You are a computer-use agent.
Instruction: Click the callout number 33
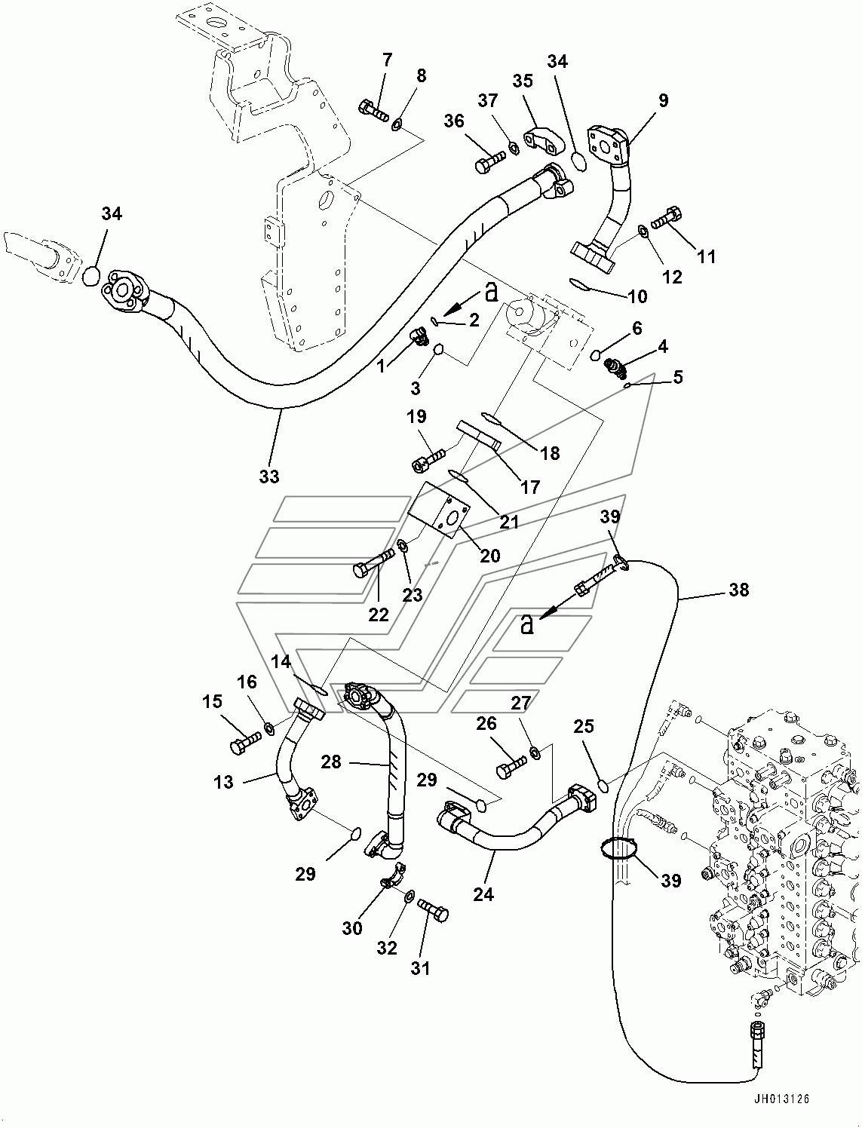pyautogui.click(x=268, y=476)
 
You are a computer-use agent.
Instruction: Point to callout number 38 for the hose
pyautogui.click(x=738, y=590)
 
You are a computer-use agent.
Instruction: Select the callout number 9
pyautogui.click(x=663, y=100)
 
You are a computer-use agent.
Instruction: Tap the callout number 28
pyautogui.click(x=331, y=762)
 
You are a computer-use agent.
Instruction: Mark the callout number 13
pyautogui.click(x=224, y=782)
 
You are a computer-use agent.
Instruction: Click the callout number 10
pyautogui.click(x=637, y=296)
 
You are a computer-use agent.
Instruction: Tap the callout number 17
pyautogui.click(x=531, y=487)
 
